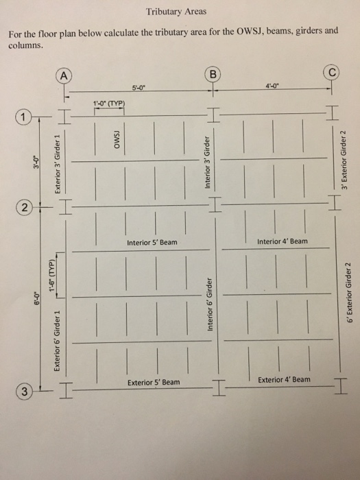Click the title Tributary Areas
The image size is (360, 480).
[x=176, y=12]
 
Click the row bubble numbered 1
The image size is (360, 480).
[x=25, y=119]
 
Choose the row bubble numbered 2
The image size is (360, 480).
[x=25, y=206]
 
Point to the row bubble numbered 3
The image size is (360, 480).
[x=25, y=392]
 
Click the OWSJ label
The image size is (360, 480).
[x=117, y=140]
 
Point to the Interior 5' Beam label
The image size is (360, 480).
[x=152, y=242]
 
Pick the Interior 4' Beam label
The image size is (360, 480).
[x=283, y=241]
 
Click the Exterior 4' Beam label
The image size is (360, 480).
[x=284, y=379]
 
